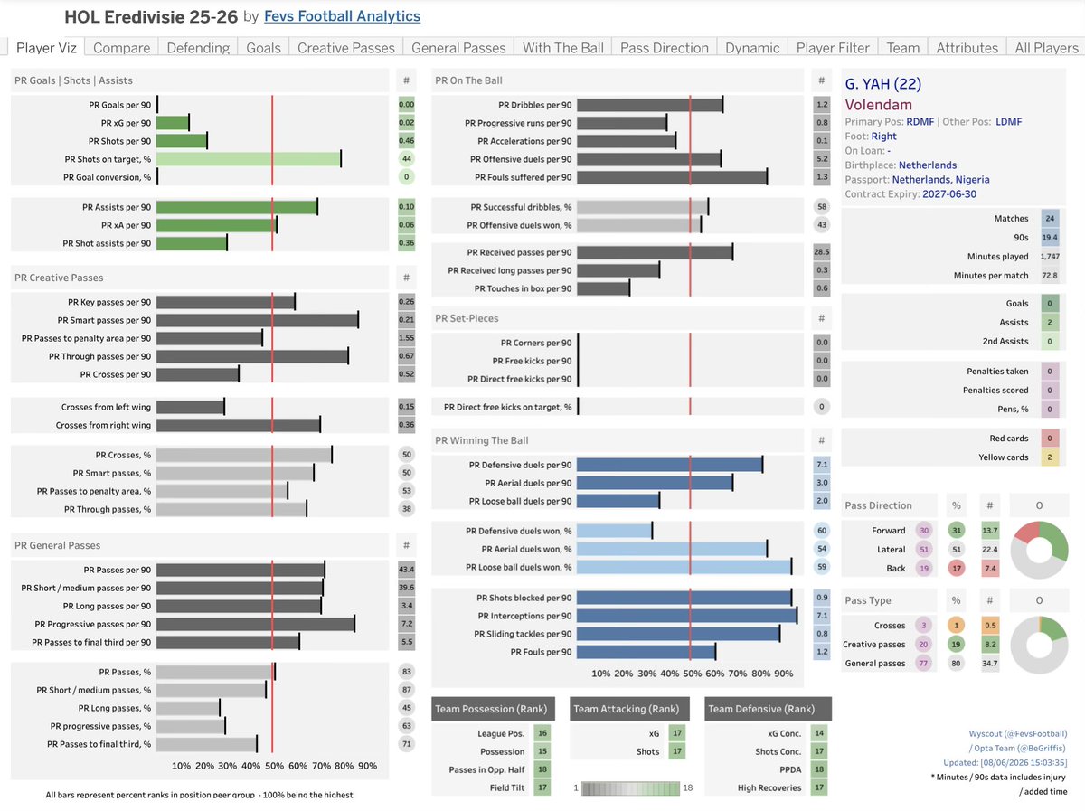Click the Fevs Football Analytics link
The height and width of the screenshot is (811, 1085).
(342, 16)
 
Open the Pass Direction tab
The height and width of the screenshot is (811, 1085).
(664, 48)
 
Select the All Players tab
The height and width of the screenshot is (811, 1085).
(1046, 48)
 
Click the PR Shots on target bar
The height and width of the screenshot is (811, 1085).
(249, 159)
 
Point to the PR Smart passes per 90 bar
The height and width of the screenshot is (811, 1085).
(258, 320)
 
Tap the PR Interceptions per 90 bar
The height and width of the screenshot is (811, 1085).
(686, 616)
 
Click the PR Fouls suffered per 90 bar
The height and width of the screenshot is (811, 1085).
(672, 177)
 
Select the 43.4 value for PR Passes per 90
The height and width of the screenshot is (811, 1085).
(406, 570)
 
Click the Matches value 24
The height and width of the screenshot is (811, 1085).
(1050, 219)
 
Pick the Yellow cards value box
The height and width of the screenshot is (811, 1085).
(1050, 457)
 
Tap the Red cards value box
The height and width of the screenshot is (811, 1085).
(1050, 439)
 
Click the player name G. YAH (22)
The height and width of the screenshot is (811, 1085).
(882, 83)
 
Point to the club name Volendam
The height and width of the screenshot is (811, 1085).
(878, 105)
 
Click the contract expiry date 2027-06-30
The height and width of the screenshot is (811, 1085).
(949, 194)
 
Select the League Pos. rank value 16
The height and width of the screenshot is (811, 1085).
(542, 733)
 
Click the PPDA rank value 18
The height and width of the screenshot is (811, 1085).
(819, 769)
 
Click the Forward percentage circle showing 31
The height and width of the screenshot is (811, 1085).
(957, 531)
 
